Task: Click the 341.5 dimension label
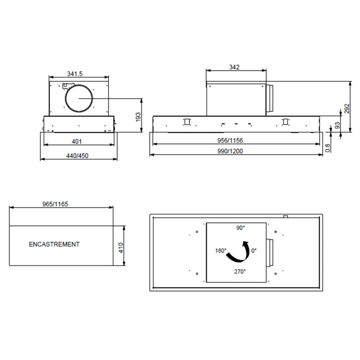[75, 74]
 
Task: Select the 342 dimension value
[234, 67]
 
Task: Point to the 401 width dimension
[77, 141]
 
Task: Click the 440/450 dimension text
[77, 156]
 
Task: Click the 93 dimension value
[337, 125]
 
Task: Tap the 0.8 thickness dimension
[328, 148]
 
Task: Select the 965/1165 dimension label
[55, 204]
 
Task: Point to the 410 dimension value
[121, 248]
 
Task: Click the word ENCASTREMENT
[54, 244]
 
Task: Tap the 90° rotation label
[240, 228]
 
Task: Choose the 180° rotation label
[221, 251]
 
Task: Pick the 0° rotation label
[254, 251]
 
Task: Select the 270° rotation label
[240, 271]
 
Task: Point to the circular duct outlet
[79, 98]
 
